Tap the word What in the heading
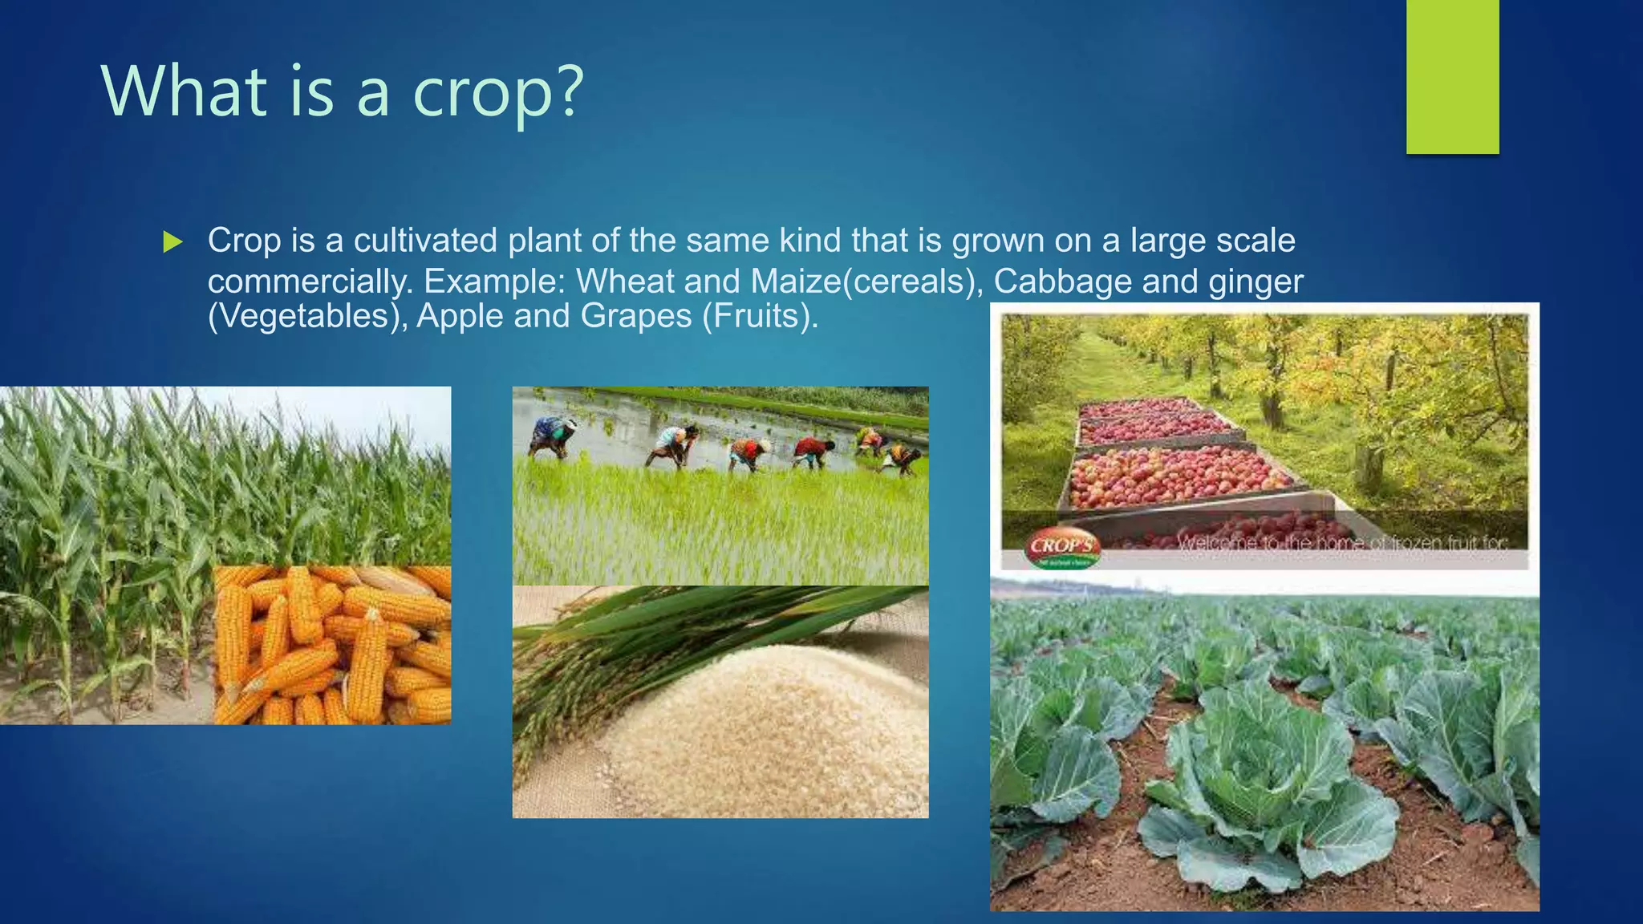click(x=184, y=91)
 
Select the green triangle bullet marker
click(x=172, y=241)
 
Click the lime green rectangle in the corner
click(x=1452, y=76)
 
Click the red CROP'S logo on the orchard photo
click(x=1061, y=547)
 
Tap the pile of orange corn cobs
click(x=333, y=646)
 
